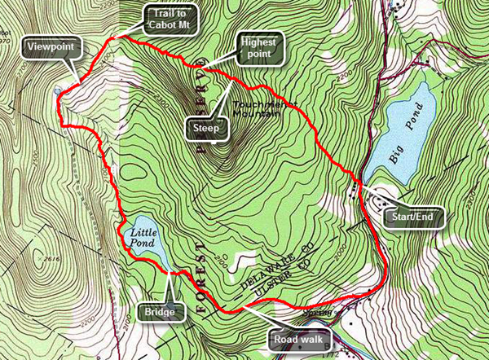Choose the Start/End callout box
(x=415, y=217)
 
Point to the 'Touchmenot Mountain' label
(x=257, y=110)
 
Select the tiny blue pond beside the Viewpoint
(x=57, y=91)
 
